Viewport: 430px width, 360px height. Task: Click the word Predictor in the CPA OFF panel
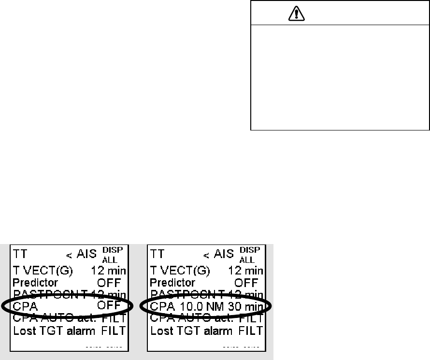click(35, 282)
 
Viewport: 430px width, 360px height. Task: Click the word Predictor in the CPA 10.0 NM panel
click(172, 282)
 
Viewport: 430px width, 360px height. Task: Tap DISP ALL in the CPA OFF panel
click(113, 254)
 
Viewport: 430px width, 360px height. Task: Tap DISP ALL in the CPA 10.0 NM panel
click(250, 254)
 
